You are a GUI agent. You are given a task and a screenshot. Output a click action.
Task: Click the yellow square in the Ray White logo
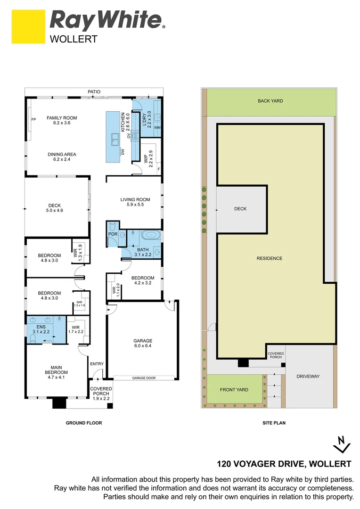point(28,27)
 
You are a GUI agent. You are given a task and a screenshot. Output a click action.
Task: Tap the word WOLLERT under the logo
point(74,40)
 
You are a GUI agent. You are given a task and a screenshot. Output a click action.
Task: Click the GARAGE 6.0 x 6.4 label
point(143,344)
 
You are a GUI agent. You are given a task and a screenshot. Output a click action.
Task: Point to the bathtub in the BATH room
point(151,234)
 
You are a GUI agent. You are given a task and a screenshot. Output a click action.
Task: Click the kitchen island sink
point(115,140)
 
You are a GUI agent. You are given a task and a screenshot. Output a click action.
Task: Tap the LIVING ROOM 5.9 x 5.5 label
point(135,202)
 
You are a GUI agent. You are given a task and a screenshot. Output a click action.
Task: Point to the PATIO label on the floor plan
point(94,92)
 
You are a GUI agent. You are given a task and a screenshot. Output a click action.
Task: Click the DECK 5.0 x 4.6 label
point(55,208)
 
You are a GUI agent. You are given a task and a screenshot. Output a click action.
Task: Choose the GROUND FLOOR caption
point(83,423)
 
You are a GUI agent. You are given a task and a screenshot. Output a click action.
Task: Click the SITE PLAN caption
point(274,423)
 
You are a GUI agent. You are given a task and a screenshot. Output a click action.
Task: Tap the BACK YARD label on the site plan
point(270,101)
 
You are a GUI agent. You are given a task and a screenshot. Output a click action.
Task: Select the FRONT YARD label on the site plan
point(234,390)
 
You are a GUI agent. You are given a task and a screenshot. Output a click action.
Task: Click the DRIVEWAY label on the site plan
point(308,376)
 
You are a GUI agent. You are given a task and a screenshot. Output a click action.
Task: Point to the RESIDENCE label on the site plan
point(270,258)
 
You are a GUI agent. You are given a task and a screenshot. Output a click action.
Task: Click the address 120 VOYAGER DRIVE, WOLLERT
point(284,463)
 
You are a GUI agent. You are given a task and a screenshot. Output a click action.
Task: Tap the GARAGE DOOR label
point(142,378)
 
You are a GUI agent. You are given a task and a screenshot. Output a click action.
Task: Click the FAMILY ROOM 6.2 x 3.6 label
point(62,121)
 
